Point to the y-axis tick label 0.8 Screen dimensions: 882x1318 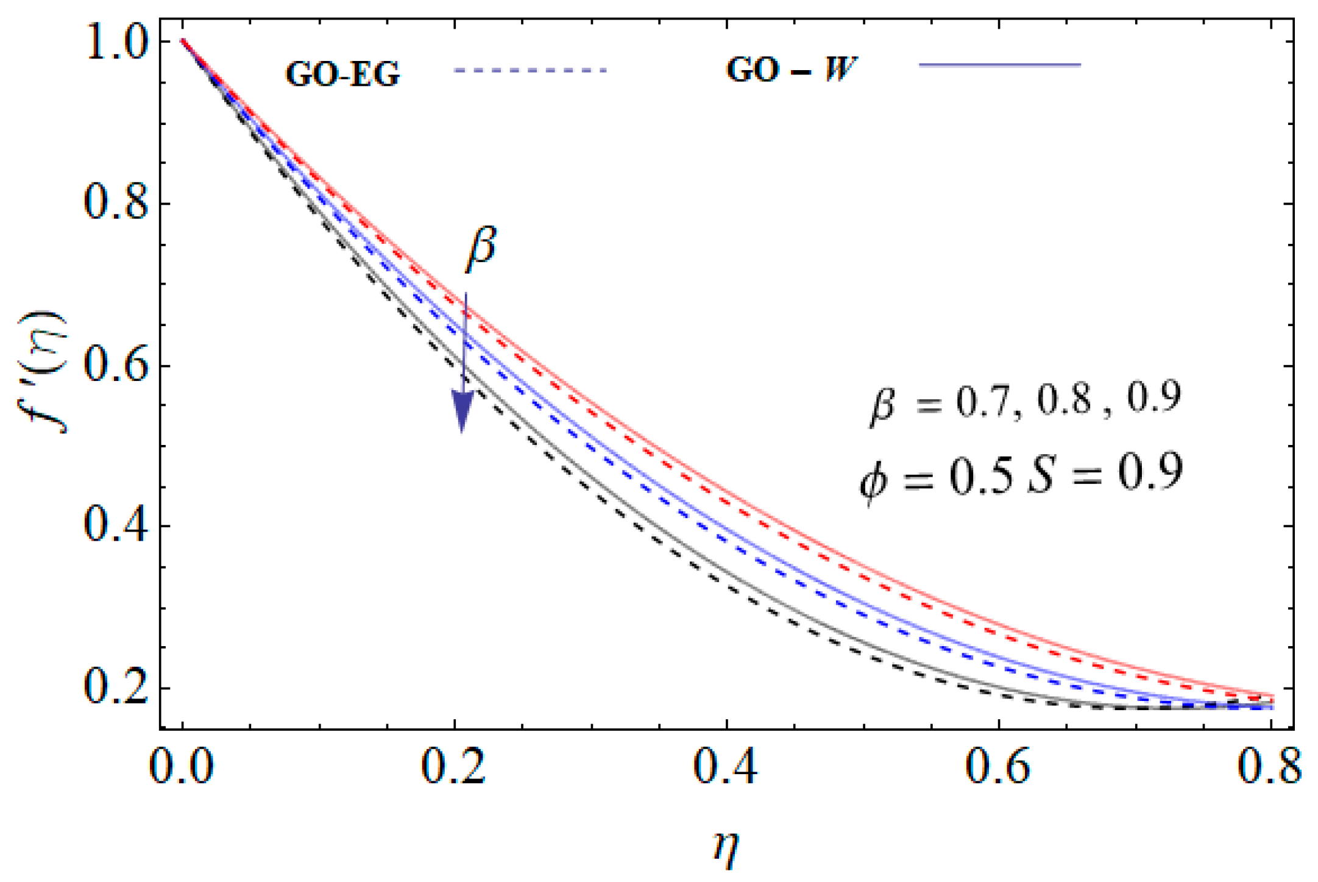pyautogui.click(x=116, y=204)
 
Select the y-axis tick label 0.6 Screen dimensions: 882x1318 pyautogui.click(x=116, y=366)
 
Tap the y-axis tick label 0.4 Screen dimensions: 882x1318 pyautogui.click(x=116, y=527)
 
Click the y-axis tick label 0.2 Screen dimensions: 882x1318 pyautogui.click(x=116, y=689)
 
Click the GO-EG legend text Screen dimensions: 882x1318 pyautogui.click(x=342, y=74)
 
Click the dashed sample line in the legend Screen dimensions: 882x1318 pyautogui.click(x=530, y=71)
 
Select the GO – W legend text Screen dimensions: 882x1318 pyautogui.click(x=791, y=69)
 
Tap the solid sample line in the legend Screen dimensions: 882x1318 pyautogui.click(x=999, y=65)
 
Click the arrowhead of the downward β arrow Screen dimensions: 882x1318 pyautogui.click(x=462, y=410)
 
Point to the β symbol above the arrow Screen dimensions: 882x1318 pyautogui.click(x=481, y=248)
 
